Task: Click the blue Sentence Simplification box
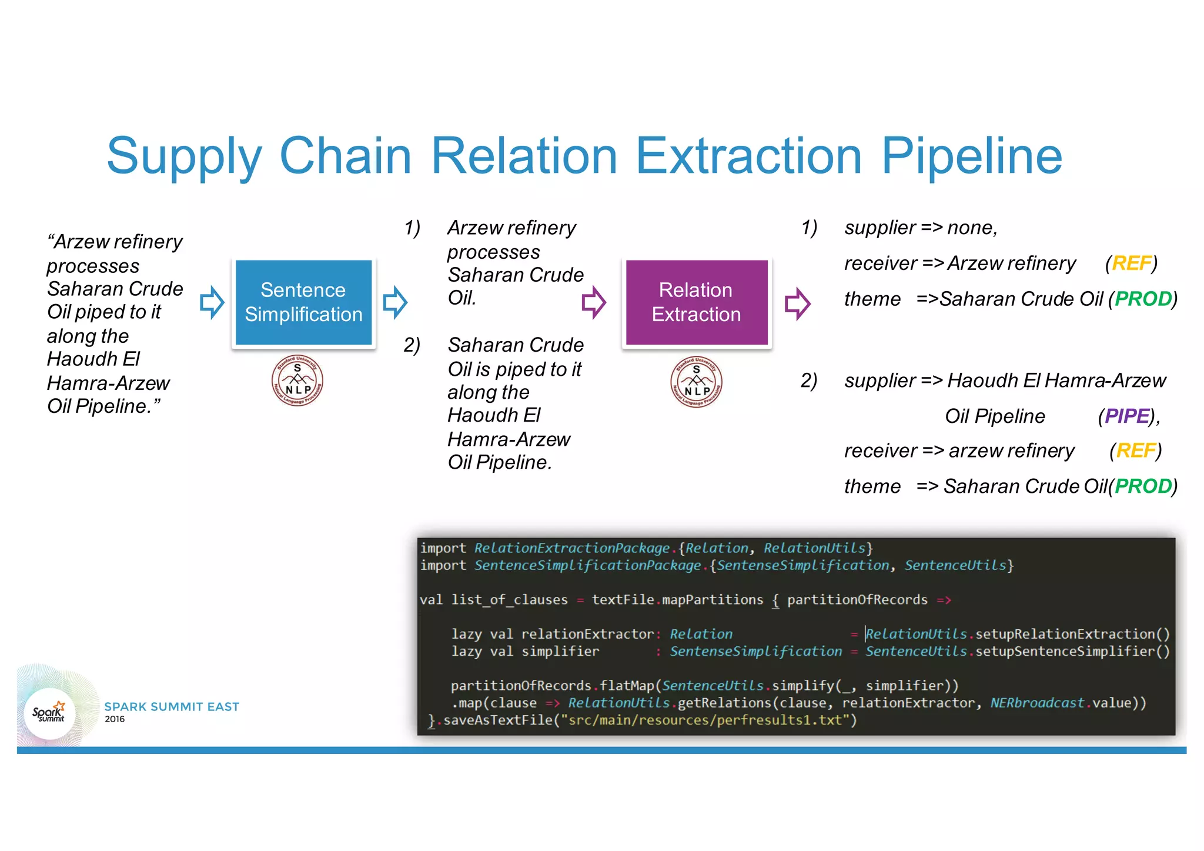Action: click(303, 302)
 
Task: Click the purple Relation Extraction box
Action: click(696, 302)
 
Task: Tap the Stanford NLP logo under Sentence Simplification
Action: click(297, 381)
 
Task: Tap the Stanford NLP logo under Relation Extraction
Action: click(696, 382)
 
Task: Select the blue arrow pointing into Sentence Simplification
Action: click(212, 302)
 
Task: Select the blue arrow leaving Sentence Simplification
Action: click(395, 302)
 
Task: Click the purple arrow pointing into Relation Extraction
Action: click(594, 302)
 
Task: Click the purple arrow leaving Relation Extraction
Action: click(798, 303)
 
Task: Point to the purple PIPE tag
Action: click(1126, 416)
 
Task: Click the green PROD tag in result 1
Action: click(1143, 299)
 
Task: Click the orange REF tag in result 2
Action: click(1135, 450)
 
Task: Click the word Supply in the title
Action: click(184, 156)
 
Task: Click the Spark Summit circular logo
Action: click(49, 713)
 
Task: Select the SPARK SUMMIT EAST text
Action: click(172, 706)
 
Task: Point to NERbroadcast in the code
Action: click(1036, 703)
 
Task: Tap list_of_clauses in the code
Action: click(509, 600)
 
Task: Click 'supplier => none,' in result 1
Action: click(921, 228)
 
